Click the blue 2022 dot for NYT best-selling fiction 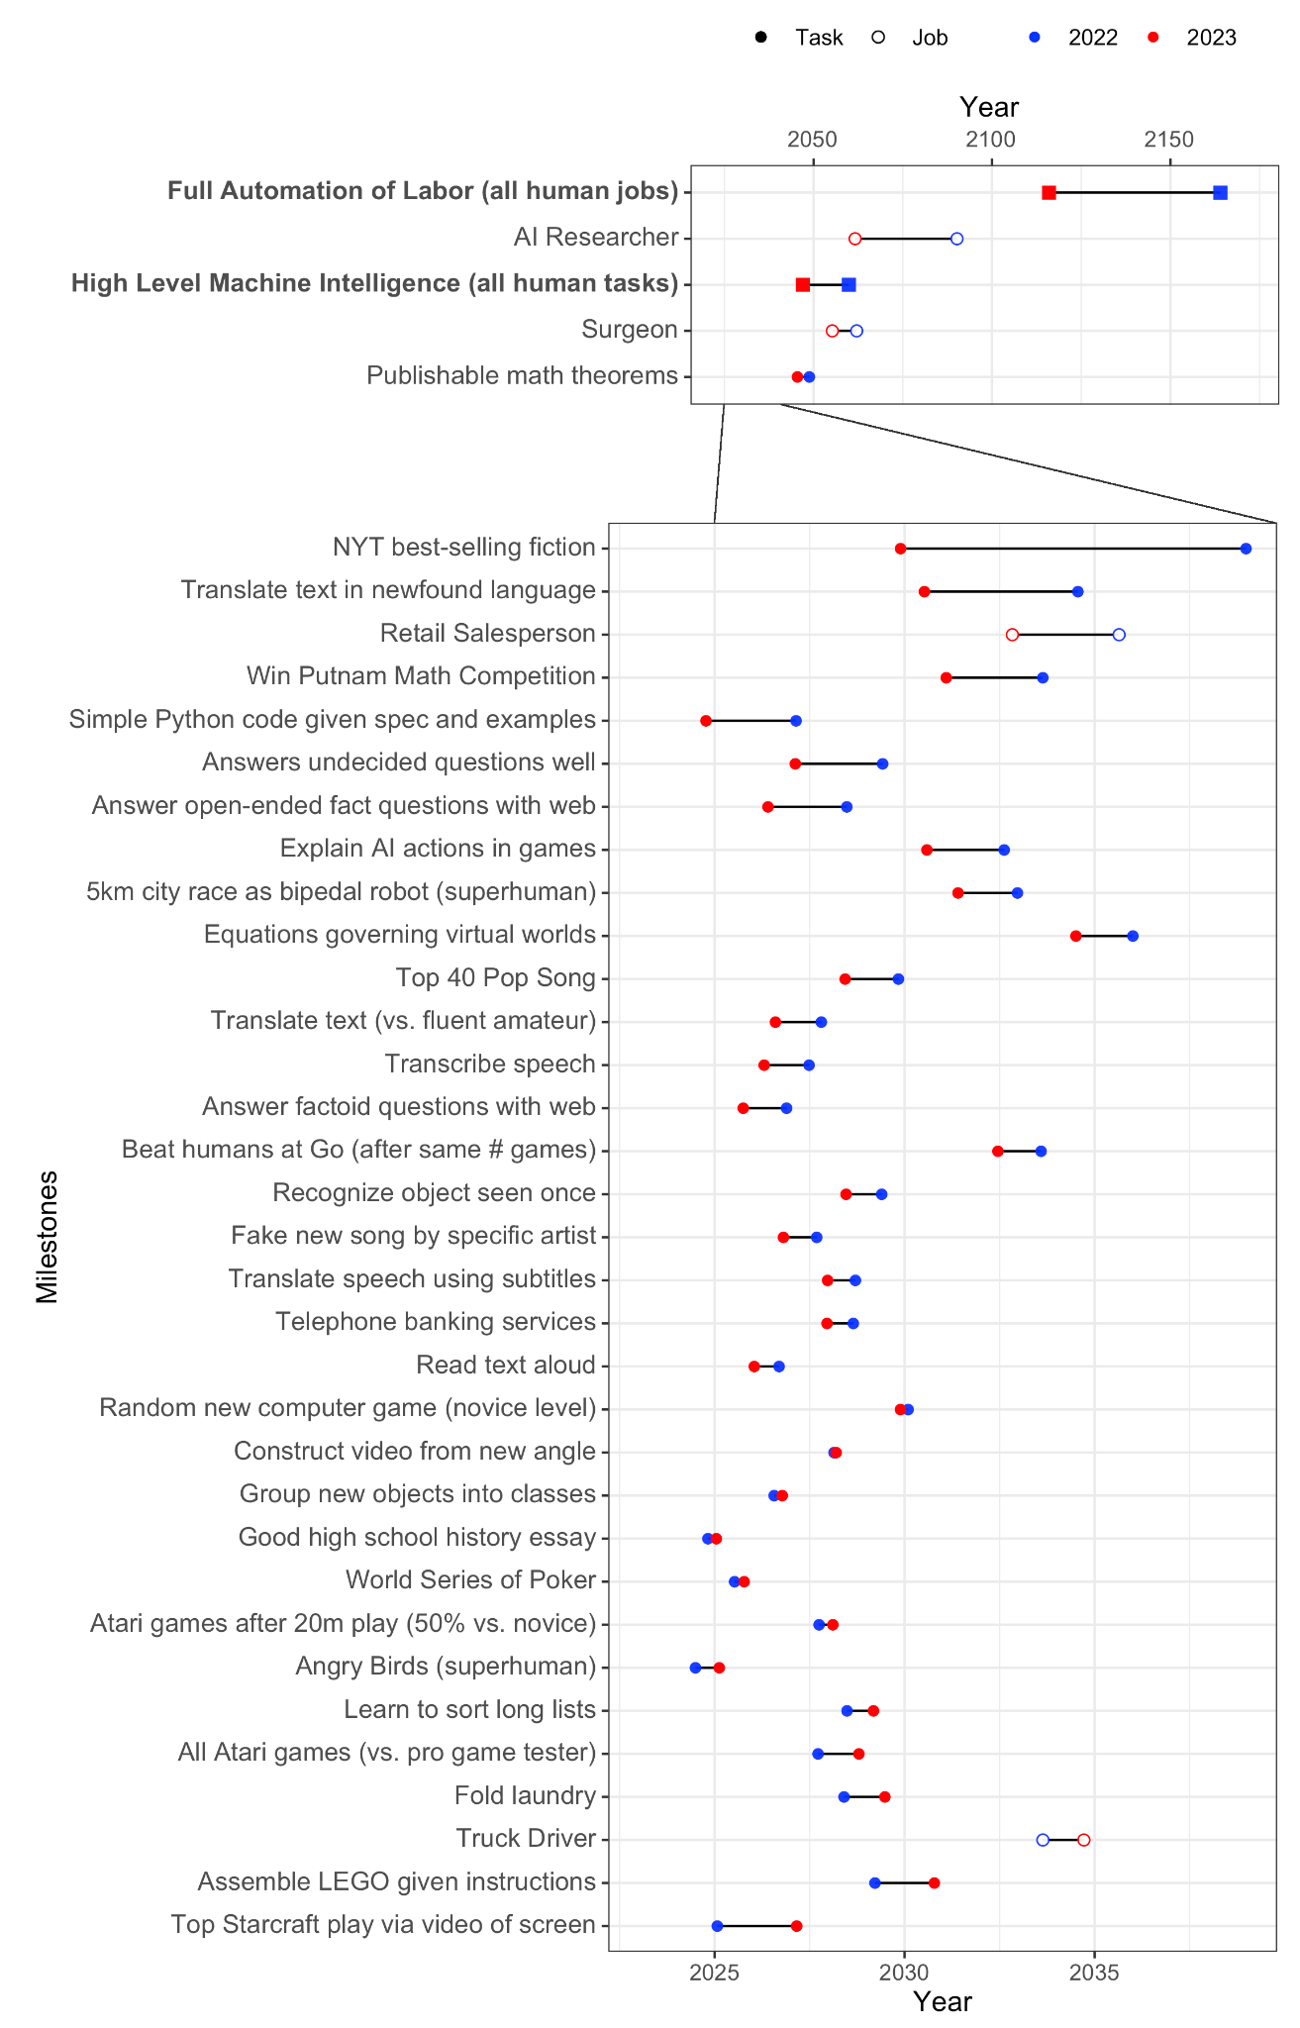click(x=1246, y=549)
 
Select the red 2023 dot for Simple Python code click(x=706, y=721)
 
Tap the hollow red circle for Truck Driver click(x=1084, y=1840)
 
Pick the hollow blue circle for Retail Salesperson click(x=1119, y=635)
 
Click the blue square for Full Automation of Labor click(x=1220, y=192)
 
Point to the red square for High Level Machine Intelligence click(x=803, y=285)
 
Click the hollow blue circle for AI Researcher click(x=956, y=239)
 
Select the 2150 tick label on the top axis click(x=1170, y=141)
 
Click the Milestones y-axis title click(x=48, y=1238)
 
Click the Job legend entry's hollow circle click(x=877, y=38)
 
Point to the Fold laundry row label click(x=525, y=1796)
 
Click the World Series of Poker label click(x=470, y=1580)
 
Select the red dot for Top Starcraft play click(x=796, y=1926)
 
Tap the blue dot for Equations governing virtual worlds click(x=1133, y=936)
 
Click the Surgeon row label click(x=630, y=330)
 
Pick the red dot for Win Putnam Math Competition click(x=946, y=677)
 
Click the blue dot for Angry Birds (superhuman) click(x=695, y=1668)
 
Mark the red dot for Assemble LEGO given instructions click(x=934, y=1882)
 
